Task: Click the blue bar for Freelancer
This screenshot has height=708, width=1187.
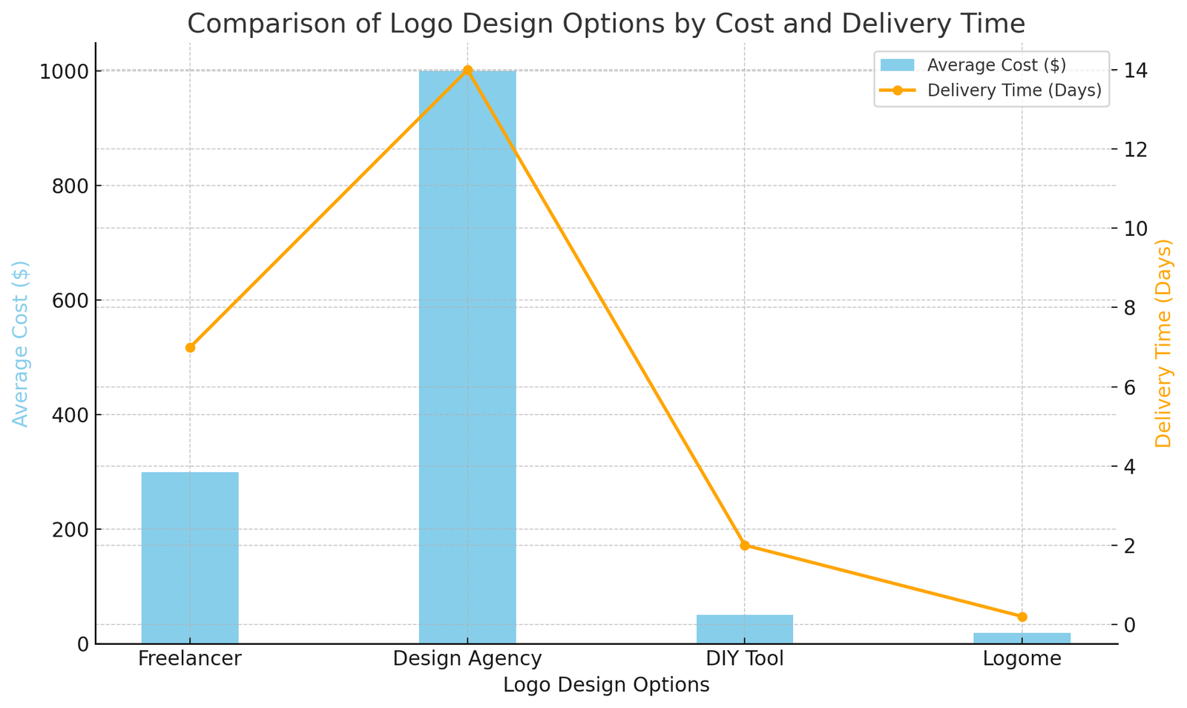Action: pos(190,557)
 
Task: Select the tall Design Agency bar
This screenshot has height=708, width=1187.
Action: pos(467,356)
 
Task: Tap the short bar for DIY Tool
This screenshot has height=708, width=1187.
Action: pos(744,629)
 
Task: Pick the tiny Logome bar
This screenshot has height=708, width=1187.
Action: pos(1022,638)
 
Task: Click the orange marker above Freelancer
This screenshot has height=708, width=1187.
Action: pos(190,347)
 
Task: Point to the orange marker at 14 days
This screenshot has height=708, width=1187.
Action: pos(467,71)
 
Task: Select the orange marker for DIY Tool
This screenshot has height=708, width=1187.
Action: pos(745,545)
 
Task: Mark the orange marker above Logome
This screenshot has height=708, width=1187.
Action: pos(1022,617)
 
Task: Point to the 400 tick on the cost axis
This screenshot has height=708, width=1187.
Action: pos(73,416)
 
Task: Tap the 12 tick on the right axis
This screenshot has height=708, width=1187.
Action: pos(1135,149)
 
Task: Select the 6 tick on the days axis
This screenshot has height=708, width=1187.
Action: pos(1131,387)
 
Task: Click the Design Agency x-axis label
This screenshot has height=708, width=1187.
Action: pos(467,659)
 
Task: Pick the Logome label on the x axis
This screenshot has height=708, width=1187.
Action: pos(1022,659)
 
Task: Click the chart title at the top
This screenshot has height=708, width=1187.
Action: pos(605,24)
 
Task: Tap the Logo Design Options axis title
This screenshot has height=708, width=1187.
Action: pos(606,686)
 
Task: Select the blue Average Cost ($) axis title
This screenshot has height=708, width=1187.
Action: pos(21,344)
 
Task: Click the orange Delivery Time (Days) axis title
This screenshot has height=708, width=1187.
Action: pos(1163,344)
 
